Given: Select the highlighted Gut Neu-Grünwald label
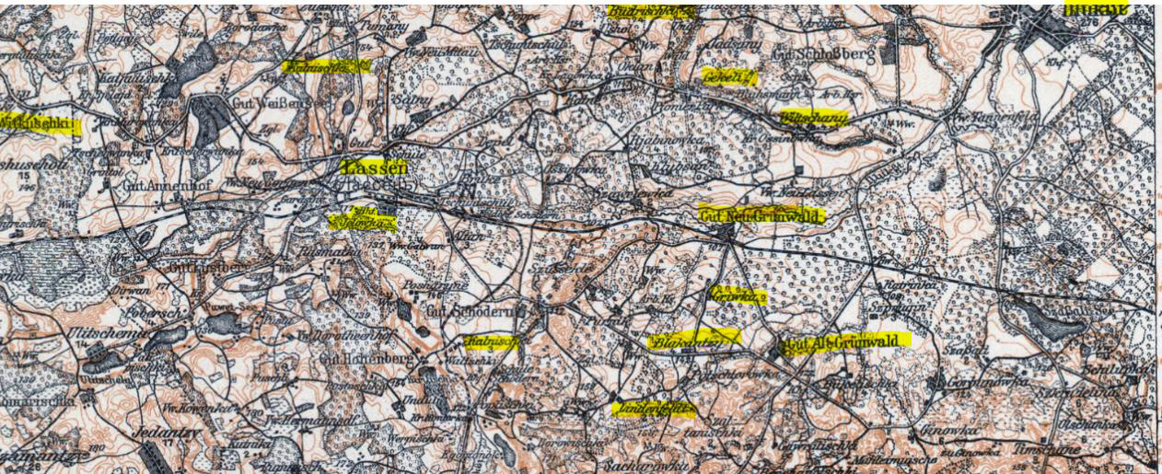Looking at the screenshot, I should [x=759, y=214].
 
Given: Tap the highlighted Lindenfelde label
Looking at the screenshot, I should [x=652, y=408].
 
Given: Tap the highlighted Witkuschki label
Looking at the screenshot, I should [x=39, y=123].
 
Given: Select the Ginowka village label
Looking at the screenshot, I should [x=940, y=429].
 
